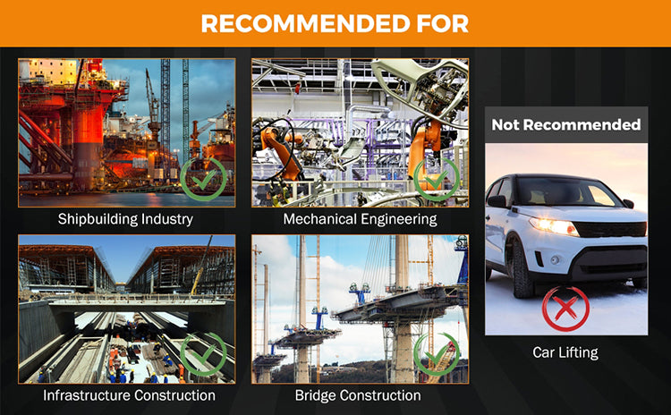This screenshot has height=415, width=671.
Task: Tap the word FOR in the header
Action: point(444,23)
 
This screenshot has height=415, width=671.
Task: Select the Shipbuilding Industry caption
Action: point(125,219)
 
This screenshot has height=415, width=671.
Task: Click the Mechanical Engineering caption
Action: point(360,219)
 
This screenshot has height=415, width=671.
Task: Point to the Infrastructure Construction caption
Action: point(129,395)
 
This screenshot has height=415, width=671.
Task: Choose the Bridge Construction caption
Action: point(358,395)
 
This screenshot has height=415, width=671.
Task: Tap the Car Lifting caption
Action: point(565,352)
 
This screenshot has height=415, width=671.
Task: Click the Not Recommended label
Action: point(565,124)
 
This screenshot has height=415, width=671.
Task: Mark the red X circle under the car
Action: point(565,309)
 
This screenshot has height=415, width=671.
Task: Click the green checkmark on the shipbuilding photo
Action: point(203,179)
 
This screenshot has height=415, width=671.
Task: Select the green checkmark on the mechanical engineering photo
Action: point(436,179)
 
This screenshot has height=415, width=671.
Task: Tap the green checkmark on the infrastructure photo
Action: point(203,354)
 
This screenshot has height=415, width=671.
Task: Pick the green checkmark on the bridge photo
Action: point(436,354)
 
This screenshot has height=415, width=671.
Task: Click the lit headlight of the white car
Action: point(554,226)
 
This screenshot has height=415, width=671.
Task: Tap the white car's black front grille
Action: point(610,229)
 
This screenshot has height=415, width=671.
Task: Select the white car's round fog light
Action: point(556,259)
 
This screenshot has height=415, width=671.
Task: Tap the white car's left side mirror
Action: point(497,201)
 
